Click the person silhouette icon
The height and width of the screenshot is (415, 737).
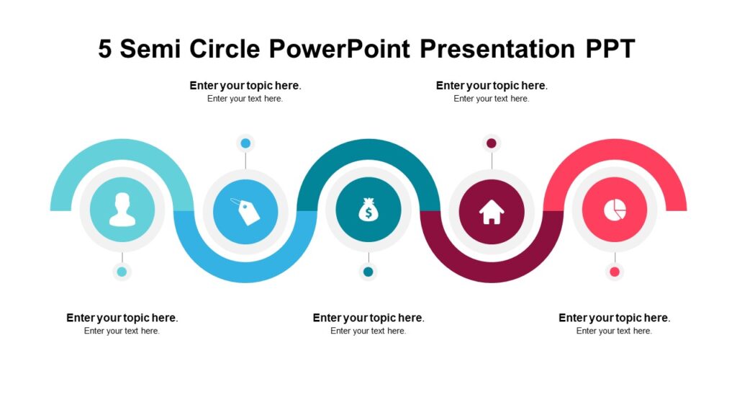tap(122, 210)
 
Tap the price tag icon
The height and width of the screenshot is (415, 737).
tap(245, 211)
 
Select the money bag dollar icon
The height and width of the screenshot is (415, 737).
tap(368, 210)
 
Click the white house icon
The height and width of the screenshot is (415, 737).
tap(492, 211)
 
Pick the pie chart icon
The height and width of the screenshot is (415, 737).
tap(615, 210)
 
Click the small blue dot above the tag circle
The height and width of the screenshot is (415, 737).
tap(245, 143)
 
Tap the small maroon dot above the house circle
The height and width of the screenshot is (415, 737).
tap(492, 143)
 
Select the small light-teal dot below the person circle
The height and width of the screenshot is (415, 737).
tap(122, 272)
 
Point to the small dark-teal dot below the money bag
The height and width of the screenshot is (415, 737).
tap(368, 272)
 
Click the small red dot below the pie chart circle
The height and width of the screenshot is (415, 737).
tap(615, 272)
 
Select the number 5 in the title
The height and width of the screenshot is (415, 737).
tap(105, 49)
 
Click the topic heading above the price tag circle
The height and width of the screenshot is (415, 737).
tap(245, 86)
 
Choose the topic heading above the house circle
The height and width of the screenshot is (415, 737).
tap(492, 86)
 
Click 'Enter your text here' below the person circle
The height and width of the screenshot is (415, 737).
tap(122, 331)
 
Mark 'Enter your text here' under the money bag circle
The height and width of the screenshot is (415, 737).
tap(368, 331)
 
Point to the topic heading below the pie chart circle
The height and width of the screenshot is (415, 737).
tap(614, 318)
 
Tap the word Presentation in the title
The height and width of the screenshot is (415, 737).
tap(496, 49)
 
